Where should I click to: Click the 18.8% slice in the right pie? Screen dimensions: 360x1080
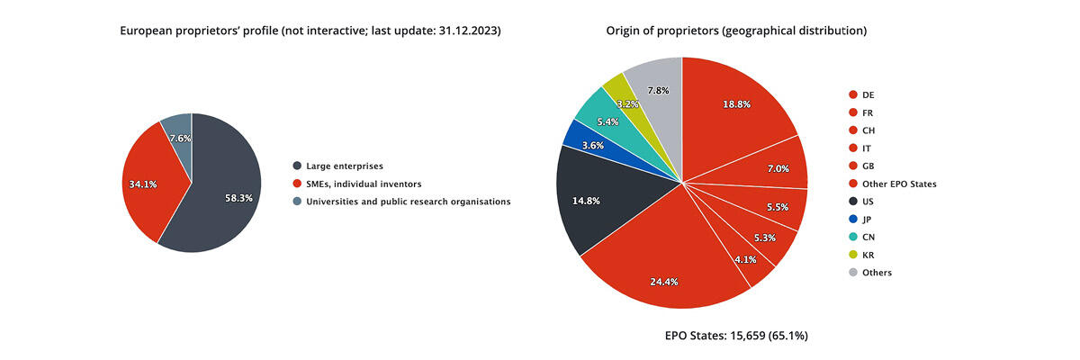(x=738, y=103)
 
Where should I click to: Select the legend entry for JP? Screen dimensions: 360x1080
(x=868, y=219)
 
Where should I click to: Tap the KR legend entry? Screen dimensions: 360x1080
(x=868, y=254)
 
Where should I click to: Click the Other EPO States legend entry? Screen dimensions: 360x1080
(x=898, y=184)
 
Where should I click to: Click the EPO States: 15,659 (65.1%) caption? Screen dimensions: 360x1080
(x=736, y=336)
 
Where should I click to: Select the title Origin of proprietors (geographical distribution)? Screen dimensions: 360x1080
(x=736, y=31)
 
